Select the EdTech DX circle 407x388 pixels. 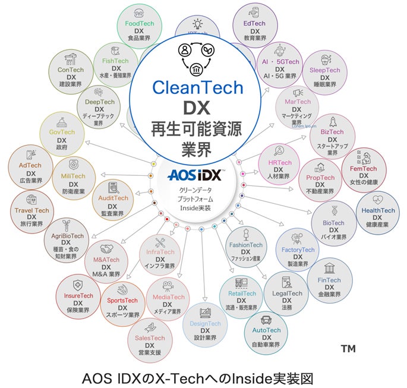click(x=255, y=24)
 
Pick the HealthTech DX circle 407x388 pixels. click(x=378, y=211)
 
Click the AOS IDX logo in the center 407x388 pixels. click(x=194, y=176)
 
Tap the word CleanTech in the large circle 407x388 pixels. click(x=198, y=88)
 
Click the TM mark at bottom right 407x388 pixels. click(x=348, y=349)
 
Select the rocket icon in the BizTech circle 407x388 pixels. click(x=333, y=122)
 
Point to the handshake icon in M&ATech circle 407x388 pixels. click(x=106, y=249)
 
